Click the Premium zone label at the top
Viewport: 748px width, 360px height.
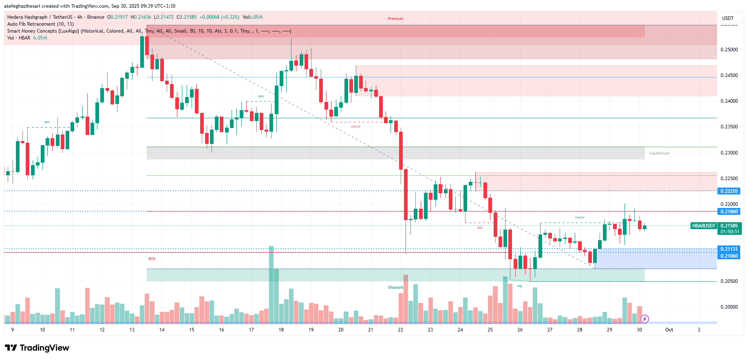[395, 19]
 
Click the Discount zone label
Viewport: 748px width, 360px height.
[395, 287]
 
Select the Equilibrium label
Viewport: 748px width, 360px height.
[659, 153]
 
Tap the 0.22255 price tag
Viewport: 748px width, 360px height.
[729, 191]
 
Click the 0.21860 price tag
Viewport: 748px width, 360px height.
[729, 212]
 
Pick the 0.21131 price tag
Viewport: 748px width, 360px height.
[729, 249]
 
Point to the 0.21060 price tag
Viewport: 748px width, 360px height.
[729, 256]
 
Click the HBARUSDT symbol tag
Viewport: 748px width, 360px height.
[704, 226]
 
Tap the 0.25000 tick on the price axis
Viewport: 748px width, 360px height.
[729, 50]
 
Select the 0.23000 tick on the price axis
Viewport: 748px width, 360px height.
[729, 153]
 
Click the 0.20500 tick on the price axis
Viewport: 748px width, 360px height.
[729, 281]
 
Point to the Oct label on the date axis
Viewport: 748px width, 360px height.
[669, 330]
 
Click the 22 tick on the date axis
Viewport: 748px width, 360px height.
[400, 330]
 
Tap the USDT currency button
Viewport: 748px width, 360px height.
[728, 18]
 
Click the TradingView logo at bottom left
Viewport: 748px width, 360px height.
[37, 348]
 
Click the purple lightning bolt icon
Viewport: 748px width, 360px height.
[644, 319]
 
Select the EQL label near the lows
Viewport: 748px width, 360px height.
[520, 286]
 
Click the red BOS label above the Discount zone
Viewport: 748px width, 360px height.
[152, 259]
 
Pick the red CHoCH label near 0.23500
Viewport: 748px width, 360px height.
[355, 127]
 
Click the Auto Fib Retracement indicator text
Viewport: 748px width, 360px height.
[40, 24]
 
